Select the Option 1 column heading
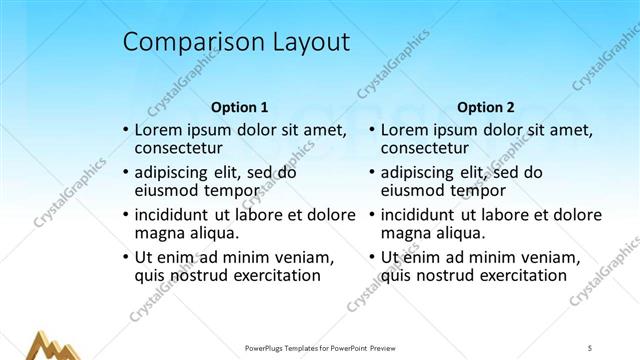240,107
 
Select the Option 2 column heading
485,107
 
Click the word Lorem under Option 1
159,130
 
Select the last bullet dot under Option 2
371,258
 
